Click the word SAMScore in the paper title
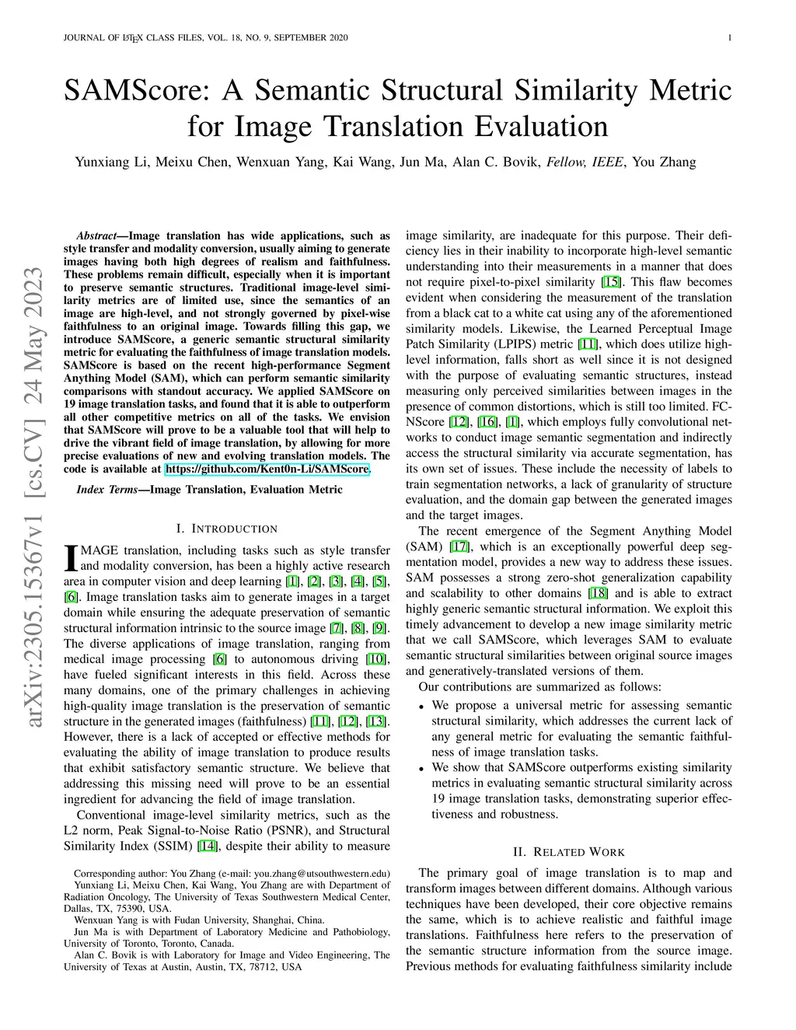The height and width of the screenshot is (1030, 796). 138,91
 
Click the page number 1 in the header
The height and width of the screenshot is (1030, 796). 730,38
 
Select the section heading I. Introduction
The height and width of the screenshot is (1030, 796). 226,529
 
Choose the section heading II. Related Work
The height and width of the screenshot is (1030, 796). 568,852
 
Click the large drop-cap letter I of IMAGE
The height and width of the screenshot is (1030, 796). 70,557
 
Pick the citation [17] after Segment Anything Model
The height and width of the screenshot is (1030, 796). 459,546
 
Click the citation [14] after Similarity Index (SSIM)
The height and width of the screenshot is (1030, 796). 208,847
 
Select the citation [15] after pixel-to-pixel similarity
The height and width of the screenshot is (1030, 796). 611,282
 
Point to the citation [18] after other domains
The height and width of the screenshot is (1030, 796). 598,593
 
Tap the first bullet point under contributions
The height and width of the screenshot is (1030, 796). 421,706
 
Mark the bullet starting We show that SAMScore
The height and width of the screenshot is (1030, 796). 421,768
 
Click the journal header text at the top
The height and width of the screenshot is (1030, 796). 205,38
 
